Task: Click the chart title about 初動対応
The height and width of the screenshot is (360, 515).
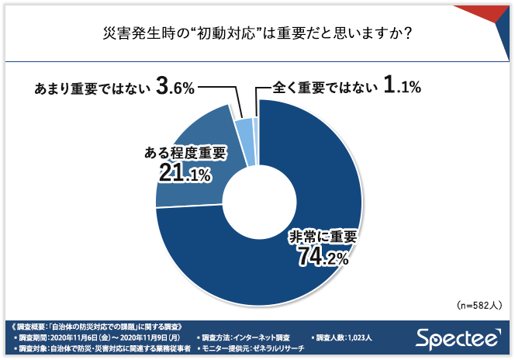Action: click(x=257, y=34)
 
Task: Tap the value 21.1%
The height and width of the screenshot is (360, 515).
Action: click(x=183, y=174)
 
